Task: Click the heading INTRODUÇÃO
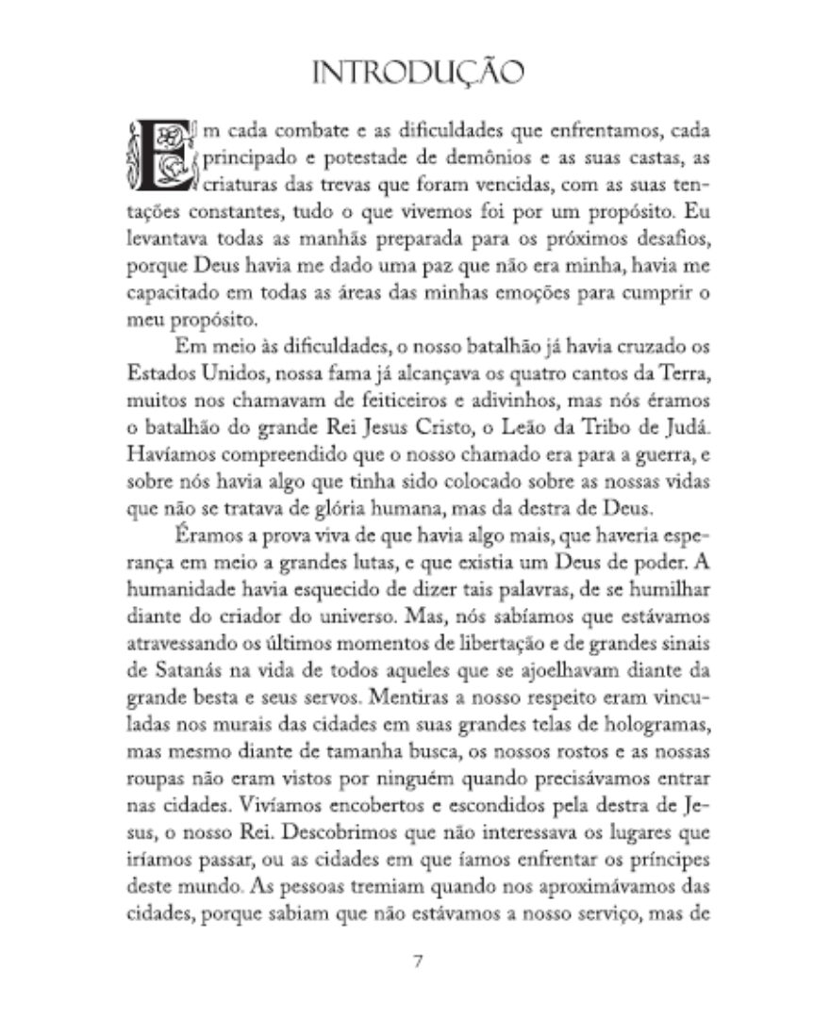[416, 72]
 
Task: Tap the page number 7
[416, 962]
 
